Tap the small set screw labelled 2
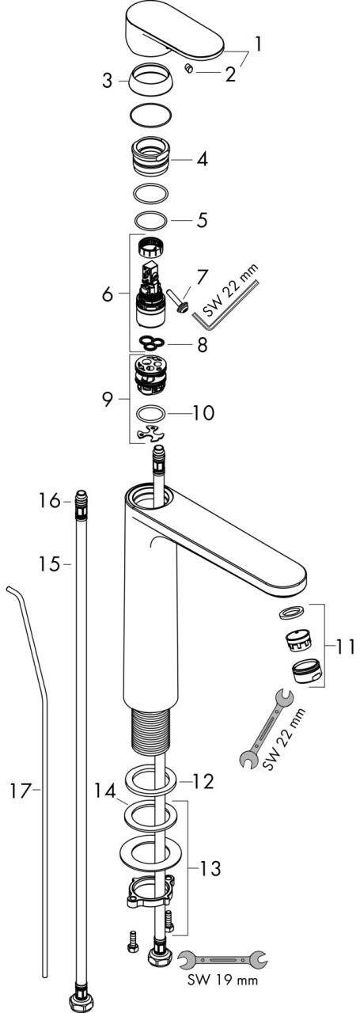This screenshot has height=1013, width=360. pos(189,69)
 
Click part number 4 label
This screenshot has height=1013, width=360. pos(202,159)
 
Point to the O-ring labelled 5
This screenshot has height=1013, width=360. pos(151,220)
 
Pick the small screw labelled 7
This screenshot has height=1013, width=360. pos(177,301)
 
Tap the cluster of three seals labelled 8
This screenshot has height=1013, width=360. pos(151,343)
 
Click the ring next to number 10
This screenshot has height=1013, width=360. pos(151,413)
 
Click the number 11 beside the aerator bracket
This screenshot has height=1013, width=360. pos(345,647)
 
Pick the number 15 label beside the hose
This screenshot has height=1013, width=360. pos(49,563)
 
